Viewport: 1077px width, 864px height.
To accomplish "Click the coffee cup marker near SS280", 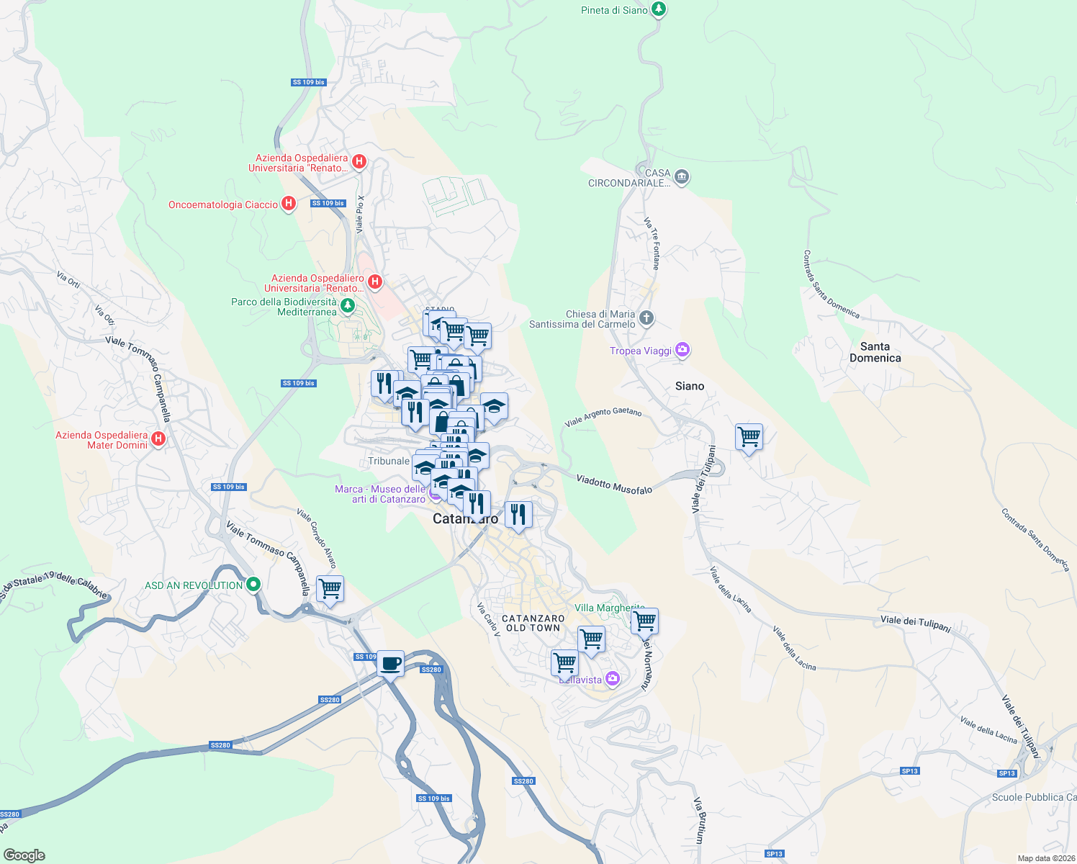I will coord(391,663).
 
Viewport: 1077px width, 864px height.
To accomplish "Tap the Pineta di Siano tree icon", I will coord(658,9).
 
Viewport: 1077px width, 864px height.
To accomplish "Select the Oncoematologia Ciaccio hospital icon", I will coord(289,204).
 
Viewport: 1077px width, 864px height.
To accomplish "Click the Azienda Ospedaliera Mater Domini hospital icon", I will coord(158,438).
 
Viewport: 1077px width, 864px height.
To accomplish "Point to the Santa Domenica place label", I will coord(875,352).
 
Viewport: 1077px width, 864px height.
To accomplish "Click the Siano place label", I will coord(689,386).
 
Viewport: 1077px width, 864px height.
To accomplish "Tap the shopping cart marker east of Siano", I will coord(749,436).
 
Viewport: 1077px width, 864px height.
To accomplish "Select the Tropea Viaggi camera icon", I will coord(682,351).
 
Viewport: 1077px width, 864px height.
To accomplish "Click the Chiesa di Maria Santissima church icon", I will coord(646,318).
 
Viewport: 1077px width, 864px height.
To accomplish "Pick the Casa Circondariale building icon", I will coord(682,177).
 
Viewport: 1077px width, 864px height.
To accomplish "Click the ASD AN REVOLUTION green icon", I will coord(253,585).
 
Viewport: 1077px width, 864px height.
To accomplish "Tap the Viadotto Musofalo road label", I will coord(614,485).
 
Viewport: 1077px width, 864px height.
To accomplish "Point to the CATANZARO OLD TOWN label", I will coord(533,624).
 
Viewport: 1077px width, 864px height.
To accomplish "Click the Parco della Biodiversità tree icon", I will coord(348,306).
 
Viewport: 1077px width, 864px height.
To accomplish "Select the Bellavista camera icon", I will coord(613,678).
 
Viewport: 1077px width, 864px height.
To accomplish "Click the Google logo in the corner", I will coord(24,855).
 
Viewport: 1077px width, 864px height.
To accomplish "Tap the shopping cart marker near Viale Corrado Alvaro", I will coord(330,588).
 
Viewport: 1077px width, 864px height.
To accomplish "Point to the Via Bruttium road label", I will coord(698,820).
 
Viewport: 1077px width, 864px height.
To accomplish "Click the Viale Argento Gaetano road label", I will coord(603,417).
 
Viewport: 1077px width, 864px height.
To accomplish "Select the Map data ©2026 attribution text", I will coord(1046,858).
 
